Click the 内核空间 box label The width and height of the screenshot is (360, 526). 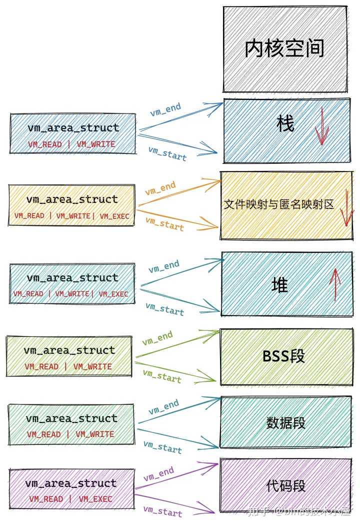coord(284,48)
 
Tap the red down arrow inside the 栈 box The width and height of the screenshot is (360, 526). coord(321,129)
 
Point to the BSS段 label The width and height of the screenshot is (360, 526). coord(283,356)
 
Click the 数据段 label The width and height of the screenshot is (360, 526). coord(285,423)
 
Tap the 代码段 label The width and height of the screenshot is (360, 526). coord(285,485)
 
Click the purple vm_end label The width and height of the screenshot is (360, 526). coord(158,474)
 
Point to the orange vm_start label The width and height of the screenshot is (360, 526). coord(164,223)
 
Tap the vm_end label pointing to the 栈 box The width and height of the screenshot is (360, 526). coord(165,109)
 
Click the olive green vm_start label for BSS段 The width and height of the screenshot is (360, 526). coord(161,375)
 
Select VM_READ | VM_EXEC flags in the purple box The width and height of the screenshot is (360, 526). coord(70,498)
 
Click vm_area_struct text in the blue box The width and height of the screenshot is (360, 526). coord(73,128)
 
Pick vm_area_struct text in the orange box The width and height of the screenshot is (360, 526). coord(72,199)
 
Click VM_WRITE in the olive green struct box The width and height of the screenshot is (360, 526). coord(92,366)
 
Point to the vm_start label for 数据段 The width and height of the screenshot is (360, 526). coord(162,446)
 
